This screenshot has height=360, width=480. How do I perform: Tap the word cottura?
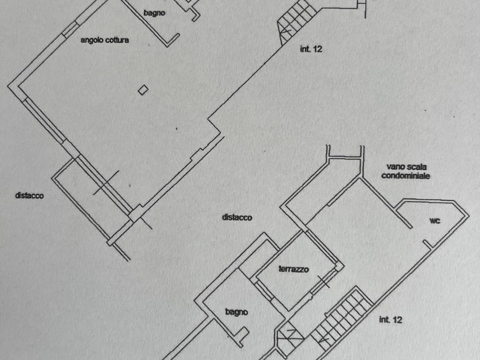[x=117, y=40]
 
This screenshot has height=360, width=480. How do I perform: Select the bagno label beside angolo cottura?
[x=154, y=13]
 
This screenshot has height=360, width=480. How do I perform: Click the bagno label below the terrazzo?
[x=236, y=312]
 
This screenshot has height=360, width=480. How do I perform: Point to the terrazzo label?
[x=293, y=269]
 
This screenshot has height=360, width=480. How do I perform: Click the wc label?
[x=435, y=220]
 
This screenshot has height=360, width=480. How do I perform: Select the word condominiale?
[x=405, y=176]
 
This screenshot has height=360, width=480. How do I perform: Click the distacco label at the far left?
[x=30, y=195]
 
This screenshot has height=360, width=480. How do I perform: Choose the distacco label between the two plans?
[x=237, y=217]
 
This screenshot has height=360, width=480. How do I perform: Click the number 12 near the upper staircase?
[x=317, y=49]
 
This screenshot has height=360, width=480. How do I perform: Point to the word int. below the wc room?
[x=384, y=320]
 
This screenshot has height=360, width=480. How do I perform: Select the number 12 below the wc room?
[x=397, y=320]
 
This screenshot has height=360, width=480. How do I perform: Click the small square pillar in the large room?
[x=143, y=90]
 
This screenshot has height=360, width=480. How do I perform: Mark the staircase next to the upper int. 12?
[x=295, y=22]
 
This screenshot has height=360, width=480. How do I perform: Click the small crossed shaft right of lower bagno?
[x=290, y=337]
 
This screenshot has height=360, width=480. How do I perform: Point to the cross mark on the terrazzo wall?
[x=323, y=282]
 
